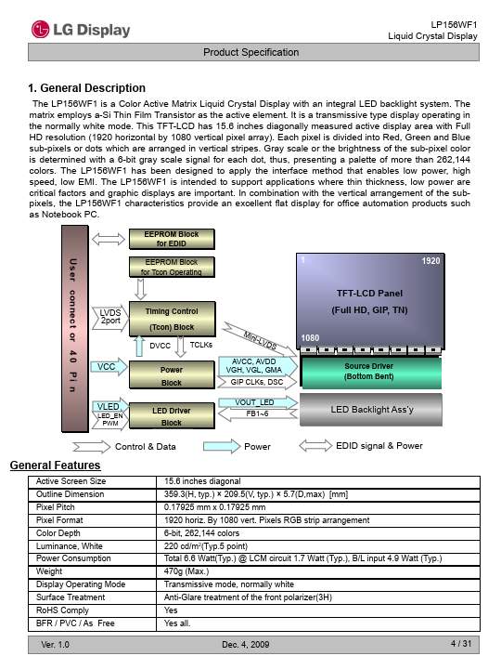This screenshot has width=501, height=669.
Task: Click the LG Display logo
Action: point(81,30)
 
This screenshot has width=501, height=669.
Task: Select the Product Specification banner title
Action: point(250,52)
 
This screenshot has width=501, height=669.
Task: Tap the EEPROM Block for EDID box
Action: point(172,239)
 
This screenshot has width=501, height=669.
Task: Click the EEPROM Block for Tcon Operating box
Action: point(172,267)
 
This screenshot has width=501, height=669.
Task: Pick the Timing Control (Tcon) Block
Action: point(173,319)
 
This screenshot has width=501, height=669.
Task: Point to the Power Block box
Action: point(172,375)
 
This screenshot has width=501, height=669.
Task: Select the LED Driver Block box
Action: point(172,416)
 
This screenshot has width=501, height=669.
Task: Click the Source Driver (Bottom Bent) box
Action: point(370,372)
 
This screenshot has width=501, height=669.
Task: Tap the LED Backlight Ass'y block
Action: point(371,410)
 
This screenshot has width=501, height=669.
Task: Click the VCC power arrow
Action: point(109,367)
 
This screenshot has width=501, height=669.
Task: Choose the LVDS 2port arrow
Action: point(109,318)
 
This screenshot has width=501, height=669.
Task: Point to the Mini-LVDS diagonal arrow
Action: point(261,340)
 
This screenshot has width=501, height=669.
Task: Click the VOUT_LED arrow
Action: point(258,402)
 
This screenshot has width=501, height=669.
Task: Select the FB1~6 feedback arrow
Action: point(258,413)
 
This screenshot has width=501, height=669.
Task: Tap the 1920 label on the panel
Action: point(430,261)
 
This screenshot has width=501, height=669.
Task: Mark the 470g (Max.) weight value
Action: point(186,571)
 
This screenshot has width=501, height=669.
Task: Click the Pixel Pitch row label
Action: point(56,507)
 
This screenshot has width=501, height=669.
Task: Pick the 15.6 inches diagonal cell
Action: point(202,481)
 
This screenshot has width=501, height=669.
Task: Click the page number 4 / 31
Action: point(461,643)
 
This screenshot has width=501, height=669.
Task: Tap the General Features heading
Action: point(56,466)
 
